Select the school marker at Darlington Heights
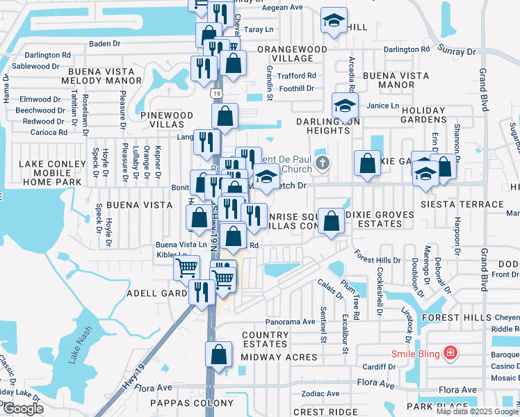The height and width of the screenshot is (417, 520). pyautogui.click(x=344, y=105)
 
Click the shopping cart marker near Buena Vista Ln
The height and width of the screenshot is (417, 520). pyautogui.click(x=186, y=267)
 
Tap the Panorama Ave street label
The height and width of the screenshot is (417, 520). pyautogui.click(x=290, y=322)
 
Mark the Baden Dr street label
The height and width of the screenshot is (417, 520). pyautogui.click(x=105, y=43)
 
